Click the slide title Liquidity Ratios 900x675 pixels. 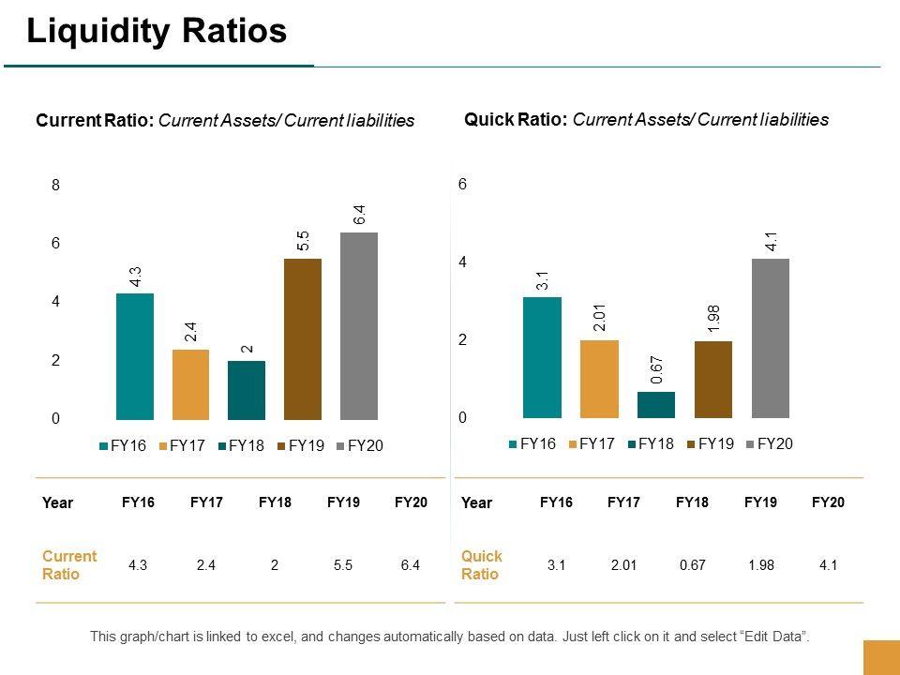(157, 32)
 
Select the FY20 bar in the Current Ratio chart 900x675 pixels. (358, 325)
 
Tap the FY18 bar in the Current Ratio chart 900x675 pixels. (246, 390)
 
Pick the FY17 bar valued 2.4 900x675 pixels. (190, 384)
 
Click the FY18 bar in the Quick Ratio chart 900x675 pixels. (656, 405)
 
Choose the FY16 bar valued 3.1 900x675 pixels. (542, 357)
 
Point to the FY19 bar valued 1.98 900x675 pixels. (713, 380)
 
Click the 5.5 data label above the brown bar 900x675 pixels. (304, 241)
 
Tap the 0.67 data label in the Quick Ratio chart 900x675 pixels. (657, 370)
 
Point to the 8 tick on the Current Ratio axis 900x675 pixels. (55, 186)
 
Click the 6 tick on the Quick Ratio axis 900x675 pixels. (462, 186)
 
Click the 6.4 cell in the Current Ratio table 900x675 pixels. (411, 565)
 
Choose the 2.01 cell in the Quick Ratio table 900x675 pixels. (622, 565)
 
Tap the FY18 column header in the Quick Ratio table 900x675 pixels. (692, 503)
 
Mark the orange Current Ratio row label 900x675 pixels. (69, 565)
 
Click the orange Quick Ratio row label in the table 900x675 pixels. (482, 565)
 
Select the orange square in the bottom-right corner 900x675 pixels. (880, 657)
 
